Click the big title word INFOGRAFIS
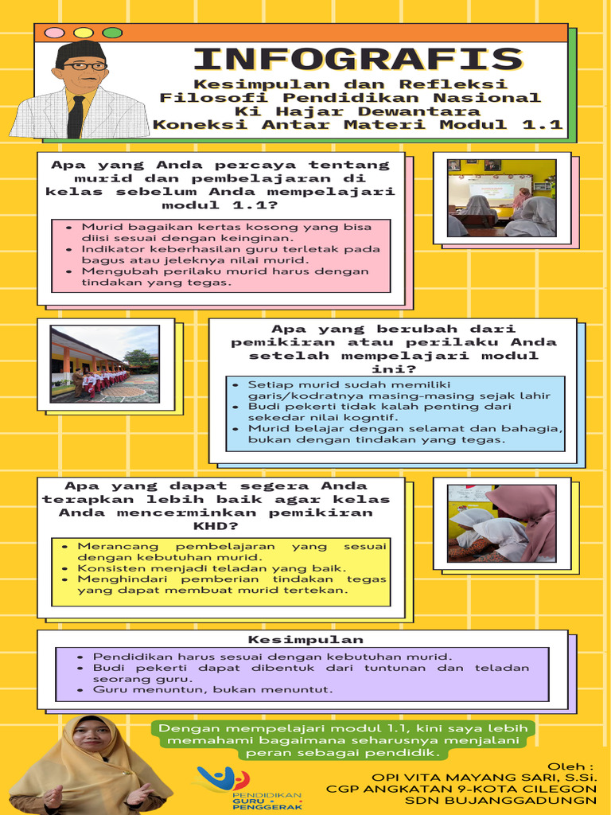tap(357, 60)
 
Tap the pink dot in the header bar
tap(54, 33)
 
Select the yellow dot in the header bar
tap(83, 33)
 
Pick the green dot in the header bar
tap(112, 33)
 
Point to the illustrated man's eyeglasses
tap(84, 66)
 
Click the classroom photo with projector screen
tap(501, 198)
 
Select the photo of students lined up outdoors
tap(105, 363)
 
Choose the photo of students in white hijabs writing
tap(501, 523)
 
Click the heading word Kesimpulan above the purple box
tap(305, 639)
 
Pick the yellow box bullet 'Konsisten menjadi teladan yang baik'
tap(212, 568)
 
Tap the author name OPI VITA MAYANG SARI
tap(485, 776)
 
